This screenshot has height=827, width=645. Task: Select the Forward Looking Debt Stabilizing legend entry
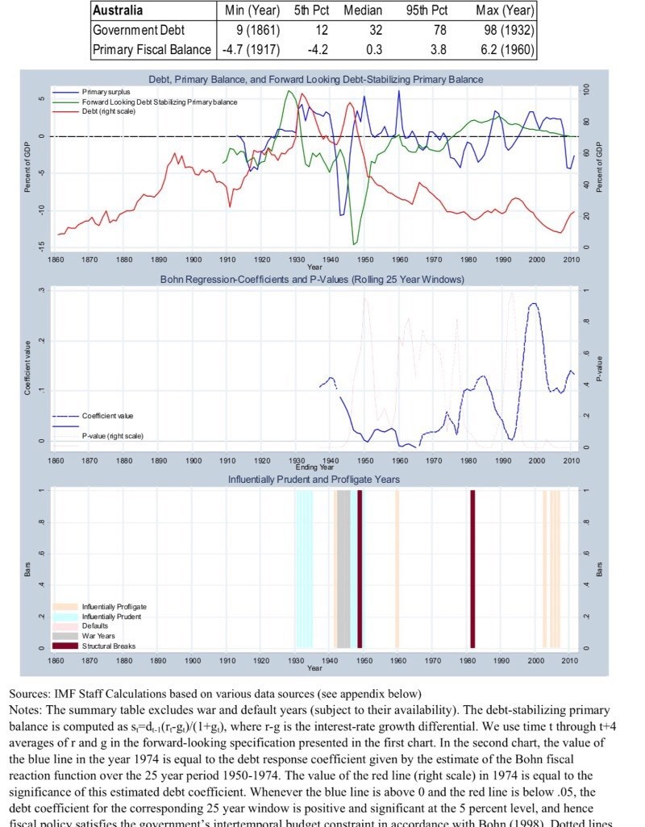(157, 102)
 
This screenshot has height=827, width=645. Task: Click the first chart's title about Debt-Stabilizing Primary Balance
(315, 80)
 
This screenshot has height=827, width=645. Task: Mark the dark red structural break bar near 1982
(473, 568)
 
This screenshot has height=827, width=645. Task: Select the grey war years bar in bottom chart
(343, 568)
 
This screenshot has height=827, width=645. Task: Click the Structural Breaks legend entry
(108, 646)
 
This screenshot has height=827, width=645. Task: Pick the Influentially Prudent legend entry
(111, 617)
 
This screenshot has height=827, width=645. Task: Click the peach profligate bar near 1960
(397, 568)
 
